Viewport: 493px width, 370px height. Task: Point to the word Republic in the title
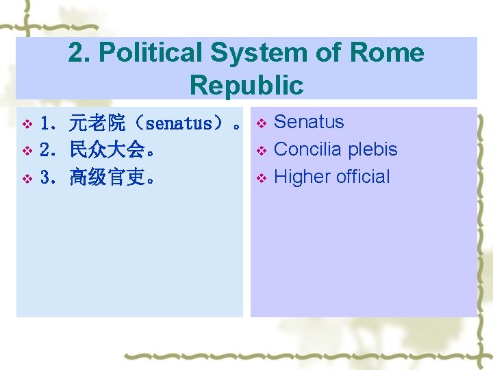(x=246, y=86)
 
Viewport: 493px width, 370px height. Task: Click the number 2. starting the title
(x=79, y=53)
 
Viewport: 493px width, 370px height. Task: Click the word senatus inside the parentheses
(x=179, y=124)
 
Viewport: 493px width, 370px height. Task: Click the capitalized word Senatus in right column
(x=309, y=122)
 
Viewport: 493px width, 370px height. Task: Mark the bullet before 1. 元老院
(x=27, y=125)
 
